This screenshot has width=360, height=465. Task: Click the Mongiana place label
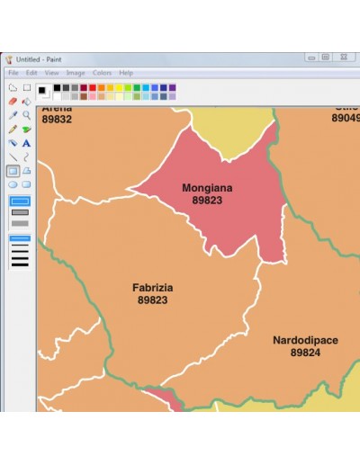[207, 188]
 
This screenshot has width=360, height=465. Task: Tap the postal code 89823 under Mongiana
[207, 200]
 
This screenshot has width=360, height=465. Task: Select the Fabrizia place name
[153, 288]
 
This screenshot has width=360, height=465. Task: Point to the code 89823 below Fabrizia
[153, 300]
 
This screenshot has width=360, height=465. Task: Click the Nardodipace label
[305, 341]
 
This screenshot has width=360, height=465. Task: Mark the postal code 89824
[305, 353]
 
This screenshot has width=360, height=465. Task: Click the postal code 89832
[57, 119]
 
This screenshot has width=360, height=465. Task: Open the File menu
[13, 73]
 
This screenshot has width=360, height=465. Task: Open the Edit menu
[31, 73]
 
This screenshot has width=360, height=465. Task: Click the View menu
[52, 73]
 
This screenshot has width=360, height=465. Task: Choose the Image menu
[76, 73]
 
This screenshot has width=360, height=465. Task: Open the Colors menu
[102, 73]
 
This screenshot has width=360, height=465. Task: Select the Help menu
[126, 73]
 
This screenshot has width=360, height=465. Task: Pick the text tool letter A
[27, 142]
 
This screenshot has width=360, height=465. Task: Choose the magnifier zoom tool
[27, 115]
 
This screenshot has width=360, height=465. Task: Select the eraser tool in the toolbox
[13, 102]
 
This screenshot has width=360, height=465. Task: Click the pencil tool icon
[13, 129]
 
